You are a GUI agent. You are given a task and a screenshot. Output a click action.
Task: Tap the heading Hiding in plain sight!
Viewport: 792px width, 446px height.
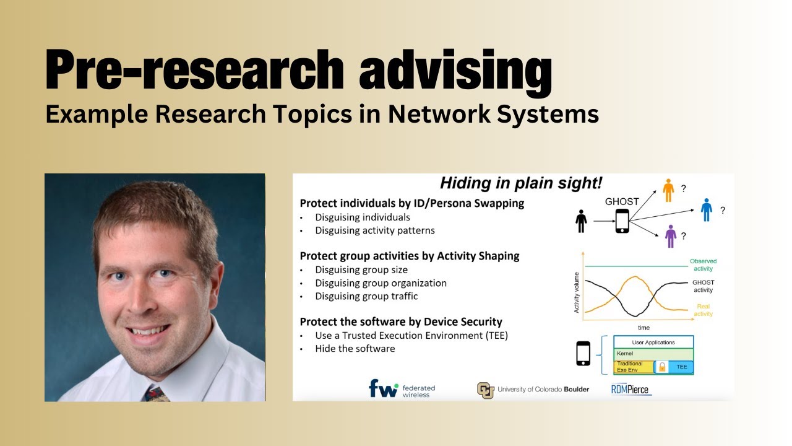521,183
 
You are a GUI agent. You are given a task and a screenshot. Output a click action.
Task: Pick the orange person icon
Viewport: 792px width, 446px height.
668,190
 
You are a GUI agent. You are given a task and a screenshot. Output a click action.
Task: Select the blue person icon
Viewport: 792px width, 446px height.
706,210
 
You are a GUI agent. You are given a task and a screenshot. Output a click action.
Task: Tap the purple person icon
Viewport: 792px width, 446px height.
669,236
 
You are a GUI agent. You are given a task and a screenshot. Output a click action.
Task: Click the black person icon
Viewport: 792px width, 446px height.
580,221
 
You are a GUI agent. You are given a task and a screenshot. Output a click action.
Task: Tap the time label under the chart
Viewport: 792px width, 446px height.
643,327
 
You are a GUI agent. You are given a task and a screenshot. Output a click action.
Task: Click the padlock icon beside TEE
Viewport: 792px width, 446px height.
661,367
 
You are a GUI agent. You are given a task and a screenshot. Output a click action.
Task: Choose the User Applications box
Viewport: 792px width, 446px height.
653,342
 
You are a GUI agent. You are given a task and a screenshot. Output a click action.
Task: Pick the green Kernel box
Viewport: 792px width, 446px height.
653,353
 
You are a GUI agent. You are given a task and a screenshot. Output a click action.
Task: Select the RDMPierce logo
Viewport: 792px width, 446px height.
630,389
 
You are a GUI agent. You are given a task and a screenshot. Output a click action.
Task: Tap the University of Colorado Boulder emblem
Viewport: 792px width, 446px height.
485,390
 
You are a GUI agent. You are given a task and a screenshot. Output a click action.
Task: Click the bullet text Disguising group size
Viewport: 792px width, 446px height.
361,269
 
